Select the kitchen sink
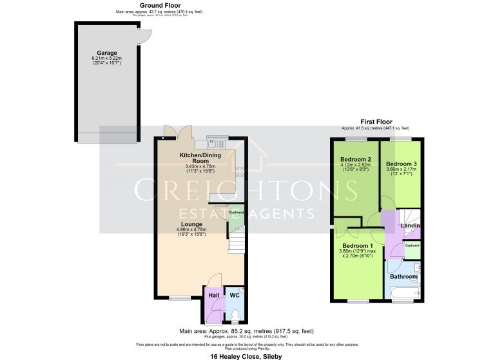coord(215,138)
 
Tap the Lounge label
coord(191,223)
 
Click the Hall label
coord(213,296)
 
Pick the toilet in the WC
coord(235,315)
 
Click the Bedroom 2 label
coord(356,159)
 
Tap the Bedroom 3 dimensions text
coord(401,171)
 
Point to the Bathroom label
coord(403,277)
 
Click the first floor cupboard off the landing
coord(412,246)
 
